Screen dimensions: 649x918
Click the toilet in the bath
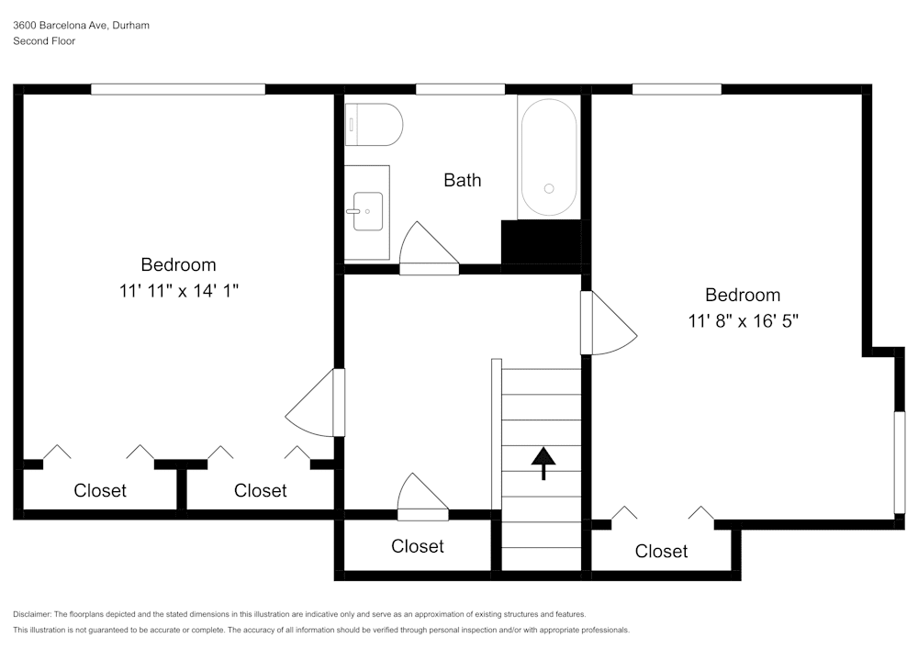click(x=375, y=125)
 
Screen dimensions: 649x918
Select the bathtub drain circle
click(x=549, y=188)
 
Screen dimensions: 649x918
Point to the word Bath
click(x=462, y=180)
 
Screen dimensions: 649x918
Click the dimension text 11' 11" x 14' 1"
click(x=178, y=291)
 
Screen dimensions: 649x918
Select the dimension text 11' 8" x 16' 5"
click(x=743, y=321)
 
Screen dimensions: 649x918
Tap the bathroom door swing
click(x=427, y=248)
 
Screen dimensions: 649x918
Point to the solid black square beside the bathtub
click(x=541, y=241)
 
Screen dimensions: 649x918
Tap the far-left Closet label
click(x=100, y=491)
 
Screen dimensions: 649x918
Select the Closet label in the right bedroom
click(x=661, y=552)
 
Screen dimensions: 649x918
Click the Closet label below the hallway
click(x=418, y=546)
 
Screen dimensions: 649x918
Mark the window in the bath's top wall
click(x=460, y=89)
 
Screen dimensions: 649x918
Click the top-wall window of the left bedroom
click(x=178, y=89)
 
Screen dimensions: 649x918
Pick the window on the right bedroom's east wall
click(x=900, y=461)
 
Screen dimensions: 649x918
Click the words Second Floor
click(x=44, y=41)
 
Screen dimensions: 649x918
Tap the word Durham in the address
click(x=130, y=26)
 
